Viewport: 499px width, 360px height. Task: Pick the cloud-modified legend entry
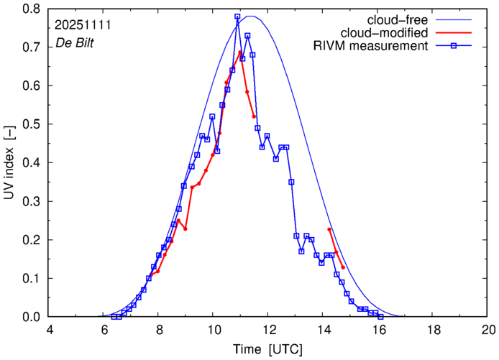coord(390,33)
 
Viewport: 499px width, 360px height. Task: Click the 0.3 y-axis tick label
coord(32,201)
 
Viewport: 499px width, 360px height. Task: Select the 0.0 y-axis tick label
coord(32,317)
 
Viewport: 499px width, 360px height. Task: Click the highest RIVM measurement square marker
coord(237,17)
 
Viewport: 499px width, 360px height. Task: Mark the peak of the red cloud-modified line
coord(240,52)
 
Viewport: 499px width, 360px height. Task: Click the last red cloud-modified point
coord(343,267)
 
